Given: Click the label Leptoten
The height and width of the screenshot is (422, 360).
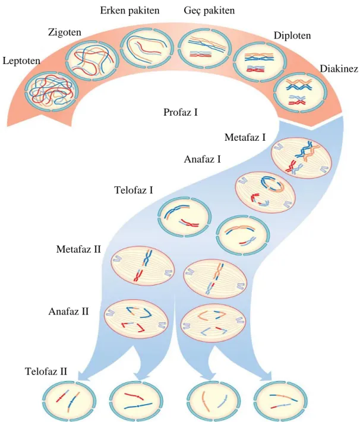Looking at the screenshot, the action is [x=21, y=61].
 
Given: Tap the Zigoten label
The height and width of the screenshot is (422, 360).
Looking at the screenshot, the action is [x=65, y=33].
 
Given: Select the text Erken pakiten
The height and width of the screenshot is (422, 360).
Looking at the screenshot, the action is [x=130, y=11].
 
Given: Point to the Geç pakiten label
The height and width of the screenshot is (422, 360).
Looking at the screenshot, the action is [x=209, y=11].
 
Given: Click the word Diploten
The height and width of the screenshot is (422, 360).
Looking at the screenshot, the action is [x=292, y=36].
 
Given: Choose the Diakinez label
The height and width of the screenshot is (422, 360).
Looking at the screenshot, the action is [x=339, y=69].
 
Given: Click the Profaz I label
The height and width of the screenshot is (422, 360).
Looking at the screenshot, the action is [x=181, y=112].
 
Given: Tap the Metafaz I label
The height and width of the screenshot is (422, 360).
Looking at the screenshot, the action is [x=245, y=137].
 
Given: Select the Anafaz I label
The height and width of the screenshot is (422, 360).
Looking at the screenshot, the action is [x=203, y=159].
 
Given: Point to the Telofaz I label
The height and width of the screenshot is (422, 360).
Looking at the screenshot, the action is [x=134, y=191].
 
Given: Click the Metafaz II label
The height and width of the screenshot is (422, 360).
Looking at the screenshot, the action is [x=78, y=249].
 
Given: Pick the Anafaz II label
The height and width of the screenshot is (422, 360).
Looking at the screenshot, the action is [x=68, y=312].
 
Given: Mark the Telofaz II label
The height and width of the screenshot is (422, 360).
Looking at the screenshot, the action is [x=46, y=372].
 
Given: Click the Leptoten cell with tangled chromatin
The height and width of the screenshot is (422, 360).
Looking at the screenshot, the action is [x=51, y=92].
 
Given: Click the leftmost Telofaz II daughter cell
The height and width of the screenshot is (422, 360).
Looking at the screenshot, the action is [x=70, y=401].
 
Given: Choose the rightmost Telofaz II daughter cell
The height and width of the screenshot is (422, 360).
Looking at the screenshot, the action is [x=280, y=401].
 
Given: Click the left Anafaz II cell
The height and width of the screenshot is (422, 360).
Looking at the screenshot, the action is [x=136, y=319].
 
